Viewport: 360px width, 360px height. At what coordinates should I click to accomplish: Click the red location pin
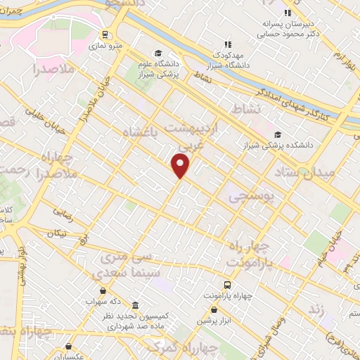click(181, 166)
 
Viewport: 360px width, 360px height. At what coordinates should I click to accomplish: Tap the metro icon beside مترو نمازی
click(105, 34)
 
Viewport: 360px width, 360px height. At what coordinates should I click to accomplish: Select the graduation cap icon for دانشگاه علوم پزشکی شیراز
click(158, 53)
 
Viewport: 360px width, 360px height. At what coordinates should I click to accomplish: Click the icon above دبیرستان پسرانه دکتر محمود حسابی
click(286, 13)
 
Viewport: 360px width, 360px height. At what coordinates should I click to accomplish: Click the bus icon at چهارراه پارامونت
click(228, 284)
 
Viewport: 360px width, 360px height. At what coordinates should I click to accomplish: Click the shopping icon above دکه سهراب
click(103, 290)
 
